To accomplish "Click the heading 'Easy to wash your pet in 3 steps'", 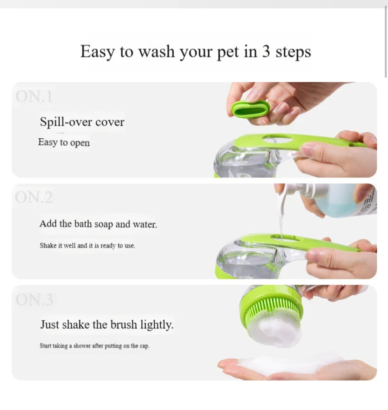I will tap(195, 52).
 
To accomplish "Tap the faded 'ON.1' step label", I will tap(34, 96).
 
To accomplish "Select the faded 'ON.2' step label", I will tap(34, 197).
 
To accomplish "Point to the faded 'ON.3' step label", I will tap(34, 300).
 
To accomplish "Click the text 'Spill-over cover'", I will tap(82, 122).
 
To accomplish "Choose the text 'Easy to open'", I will tap(64, 142).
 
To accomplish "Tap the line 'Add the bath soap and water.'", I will tap(98, 224).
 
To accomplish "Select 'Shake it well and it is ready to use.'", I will tap(87, 246).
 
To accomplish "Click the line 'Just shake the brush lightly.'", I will tap(107, 325).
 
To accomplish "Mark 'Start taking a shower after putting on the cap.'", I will tap(94, 346).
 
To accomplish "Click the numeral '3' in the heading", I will tap(266, 52).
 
